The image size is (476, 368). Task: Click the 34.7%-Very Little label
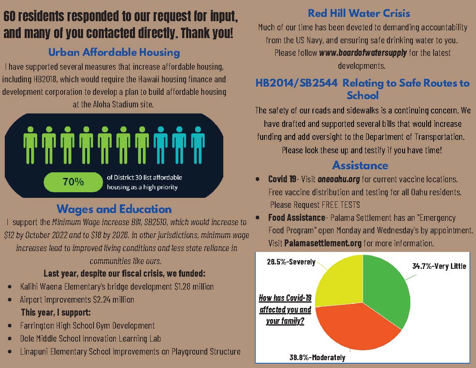point(439,266)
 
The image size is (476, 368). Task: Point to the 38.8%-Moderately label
point(317,358)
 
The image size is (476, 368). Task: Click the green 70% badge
point(73,182)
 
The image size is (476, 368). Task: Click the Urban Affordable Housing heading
point(114,53)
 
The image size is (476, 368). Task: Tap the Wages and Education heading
point(114,209)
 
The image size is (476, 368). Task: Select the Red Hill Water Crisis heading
point(359,14)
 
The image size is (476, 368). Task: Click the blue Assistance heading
point(360,165)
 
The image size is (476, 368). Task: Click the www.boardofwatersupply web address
point(363,53)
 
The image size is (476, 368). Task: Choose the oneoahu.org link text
point(338,179)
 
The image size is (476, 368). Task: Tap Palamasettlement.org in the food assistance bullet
point(323,243)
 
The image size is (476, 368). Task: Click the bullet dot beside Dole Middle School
point(10,339)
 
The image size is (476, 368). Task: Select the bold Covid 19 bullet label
point(282,179)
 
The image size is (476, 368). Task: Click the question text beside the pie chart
point(285,310)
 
